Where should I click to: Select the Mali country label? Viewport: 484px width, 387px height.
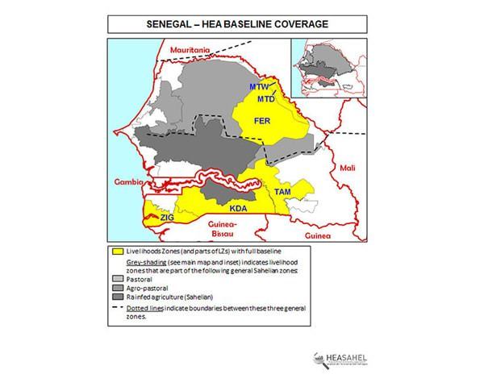[347, 168]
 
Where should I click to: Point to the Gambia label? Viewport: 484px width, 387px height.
[127, 182]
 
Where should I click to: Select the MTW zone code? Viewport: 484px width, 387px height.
[258, 86]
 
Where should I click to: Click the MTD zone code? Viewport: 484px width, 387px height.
[265, 98]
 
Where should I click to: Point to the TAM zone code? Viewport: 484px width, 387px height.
[282, 193]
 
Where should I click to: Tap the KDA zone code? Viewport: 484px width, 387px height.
[238, 208]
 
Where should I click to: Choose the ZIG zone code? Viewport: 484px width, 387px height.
[167, 218]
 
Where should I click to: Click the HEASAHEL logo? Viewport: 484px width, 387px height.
[339, 360]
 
